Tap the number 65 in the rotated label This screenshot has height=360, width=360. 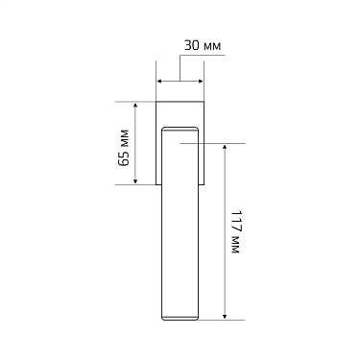pos(123,157)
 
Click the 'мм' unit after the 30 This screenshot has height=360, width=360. pos(210,45)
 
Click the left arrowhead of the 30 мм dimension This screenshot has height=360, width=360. pos(160,82)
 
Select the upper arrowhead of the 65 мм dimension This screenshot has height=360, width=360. pos(135,103)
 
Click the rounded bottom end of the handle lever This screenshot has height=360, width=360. pos(180,316)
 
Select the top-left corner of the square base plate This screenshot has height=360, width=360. pos(156,100)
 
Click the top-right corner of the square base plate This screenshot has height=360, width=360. pos(203,100)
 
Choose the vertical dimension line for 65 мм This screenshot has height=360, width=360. pos(135,142)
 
